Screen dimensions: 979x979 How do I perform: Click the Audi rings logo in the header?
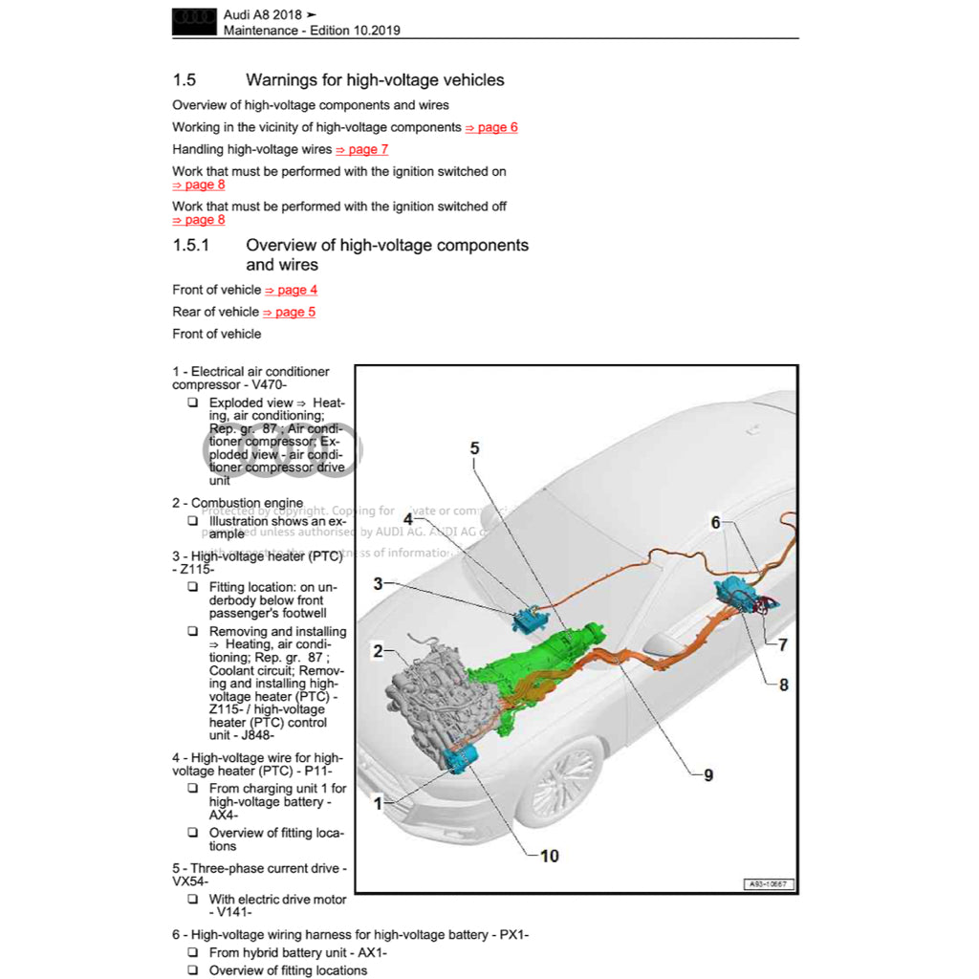click(194, 22)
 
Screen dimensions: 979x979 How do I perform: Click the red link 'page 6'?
click(491, 127)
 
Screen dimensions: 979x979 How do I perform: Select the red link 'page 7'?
click(362, 149)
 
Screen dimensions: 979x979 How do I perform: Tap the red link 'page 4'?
click(291, 290)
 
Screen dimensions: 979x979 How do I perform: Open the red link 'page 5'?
click(289, 312)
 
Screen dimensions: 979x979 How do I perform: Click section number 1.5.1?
click(190, 246)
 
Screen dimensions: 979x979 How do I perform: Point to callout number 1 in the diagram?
click(378, 804)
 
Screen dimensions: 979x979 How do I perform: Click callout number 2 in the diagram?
click(378, 652)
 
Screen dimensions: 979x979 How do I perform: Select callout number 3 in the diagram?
click(378, 583)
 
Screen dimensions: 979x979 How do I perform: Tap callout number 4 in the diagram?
click(407, 519)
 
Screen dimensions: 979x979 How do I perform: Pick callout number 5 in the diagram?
click(475, 447)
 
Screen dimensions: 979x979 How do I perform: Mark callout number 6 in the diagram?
click(715, 522)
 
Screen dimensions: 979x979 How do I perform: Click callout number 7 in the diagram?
click(783, 644)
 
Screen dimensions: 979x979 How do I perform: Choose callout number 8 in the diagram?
click(784, 685)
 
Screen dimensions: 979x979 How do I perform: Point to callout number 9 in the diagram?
click(708, 775)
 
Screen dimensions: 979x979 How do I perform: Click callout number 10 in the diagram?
click(550, 856)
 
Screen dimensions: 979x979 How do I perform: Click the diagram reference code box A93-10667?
click(769, 884)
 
